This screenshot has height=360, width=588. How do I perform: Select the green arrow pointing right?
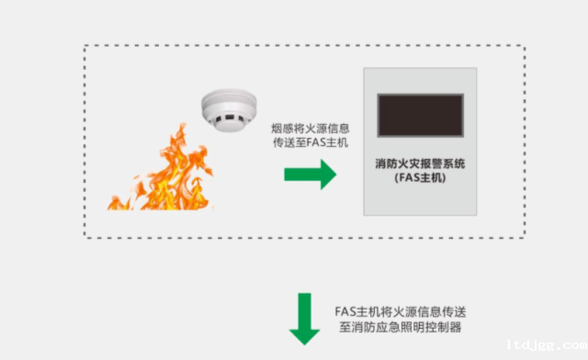tap(309, 173)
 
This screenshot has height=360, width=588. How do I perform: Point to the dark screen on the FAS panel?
tap(422, 115)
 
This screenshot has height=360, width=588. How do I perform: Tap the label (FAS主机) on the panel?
tap(422, 178)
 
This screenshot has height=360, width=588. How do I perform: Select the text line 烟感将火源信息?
tap(310, 129)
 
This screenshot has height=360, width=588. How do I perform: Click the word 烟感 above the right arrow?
tap(281, 129)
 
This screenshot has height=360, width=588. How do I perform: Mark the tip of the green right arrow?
tap(335, 173)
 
